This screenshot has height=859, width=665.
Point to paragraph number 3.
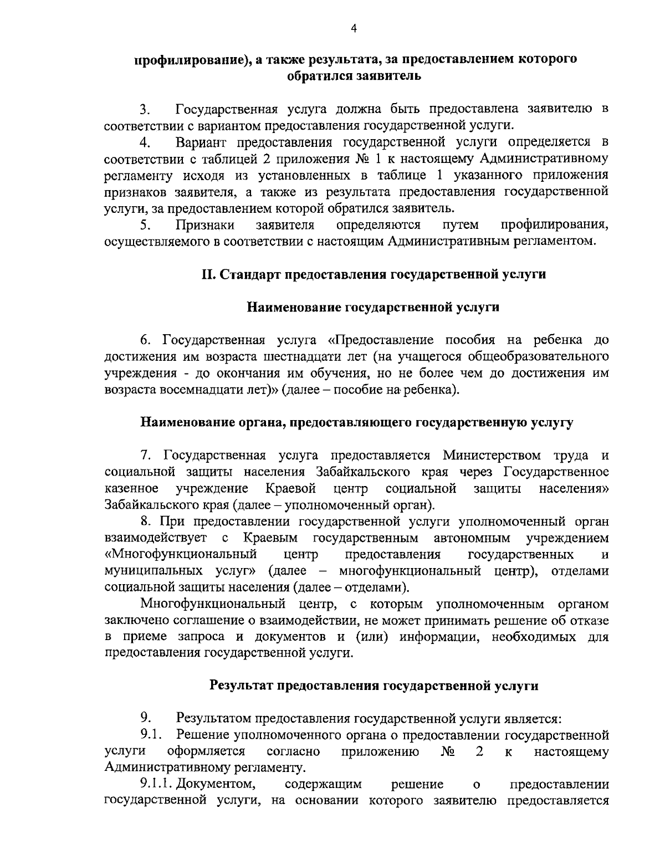145,109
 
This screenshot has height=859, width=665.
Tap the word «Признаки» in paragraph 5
204,224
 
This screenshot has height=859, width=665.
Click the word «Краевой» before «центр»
290,489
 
